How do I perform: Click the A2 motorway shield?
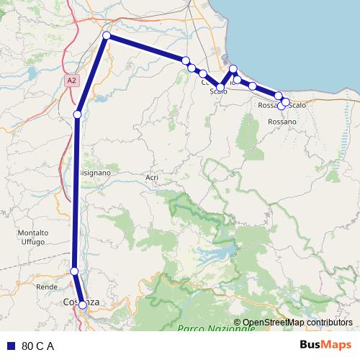pos(71,81)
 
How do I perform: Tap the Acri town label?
pos(151,177)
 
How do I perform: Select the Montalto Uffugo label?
pos(33,238)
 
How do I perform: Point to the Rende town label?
pos(46,287)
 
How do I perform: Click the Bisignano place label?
pos(94,173)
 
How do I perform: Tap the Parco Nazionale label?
pos(216,328)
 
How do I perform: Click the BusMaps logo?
pos(326,345)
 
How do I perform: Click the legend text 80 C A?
pos(38,346)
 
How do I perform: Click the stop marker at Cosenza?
pos(83,305)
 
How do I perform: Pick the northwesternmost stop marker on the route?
pos(107,35)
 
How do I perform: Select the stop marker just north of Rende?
pos(74,271)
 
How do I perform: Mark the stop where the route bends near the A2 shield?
pos(78,113)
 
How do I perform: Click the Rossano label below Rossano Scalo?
pos(282,122)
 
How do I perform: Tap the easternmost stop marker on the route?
pos(286,102)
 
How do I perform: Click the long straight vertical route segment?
pos(76,194)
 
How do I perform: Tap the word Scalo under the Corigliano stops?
pos(218,92)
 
